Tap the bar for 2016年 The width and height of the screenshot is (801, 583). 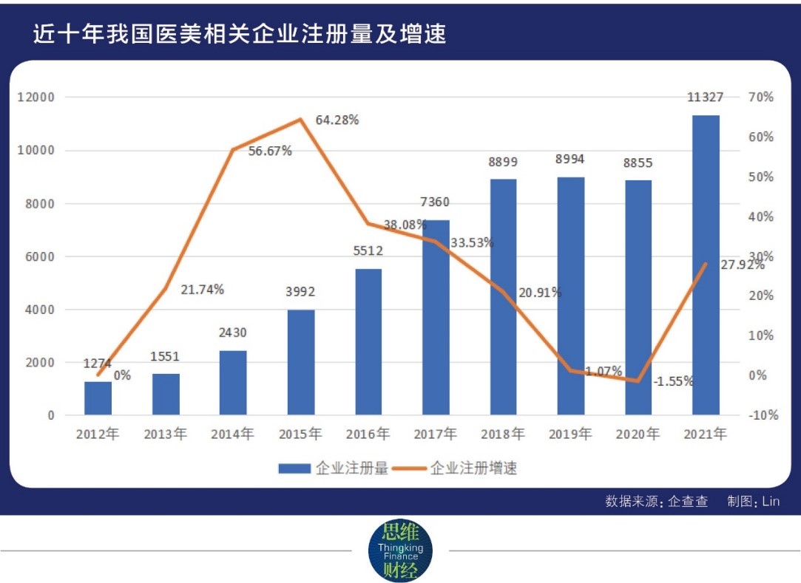click(x=368, y=341)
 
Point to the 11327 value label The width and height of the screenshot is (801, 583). click(x=705, y=98)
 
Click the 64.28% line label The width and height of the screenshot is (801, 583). click(x=337, y=120)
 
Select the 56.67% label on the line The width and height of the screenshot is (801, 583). click(x=270, y=151)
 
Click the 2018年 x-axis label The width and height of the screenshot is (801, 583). click(x=503, y=434)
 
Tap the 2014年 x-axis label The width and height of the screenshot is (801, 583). click(x=232, y=434)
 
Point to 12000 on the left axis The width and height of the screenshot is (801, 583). click(x=36, y=98)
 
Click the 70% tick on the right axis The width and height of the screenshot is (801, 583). click(x=761, y=98)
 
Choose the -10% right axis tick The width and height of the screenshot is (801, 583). click(x=761, y=415)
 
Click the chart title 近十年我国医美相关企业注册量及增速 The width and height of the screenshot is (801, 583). click(x=240, y=34)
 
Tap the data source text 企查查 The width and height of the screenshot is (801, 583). click(x=688, y=502)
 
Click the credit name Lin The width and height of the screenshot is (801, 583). click(x=771, y=502)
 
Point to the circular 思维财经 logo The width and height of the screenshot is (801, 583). click(x=400, y=550)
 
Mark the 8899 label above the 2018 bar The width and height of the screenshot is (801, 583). click(x=503, y=163)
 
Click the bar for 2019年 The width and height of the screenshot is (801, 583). click(x=570, y=296)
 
